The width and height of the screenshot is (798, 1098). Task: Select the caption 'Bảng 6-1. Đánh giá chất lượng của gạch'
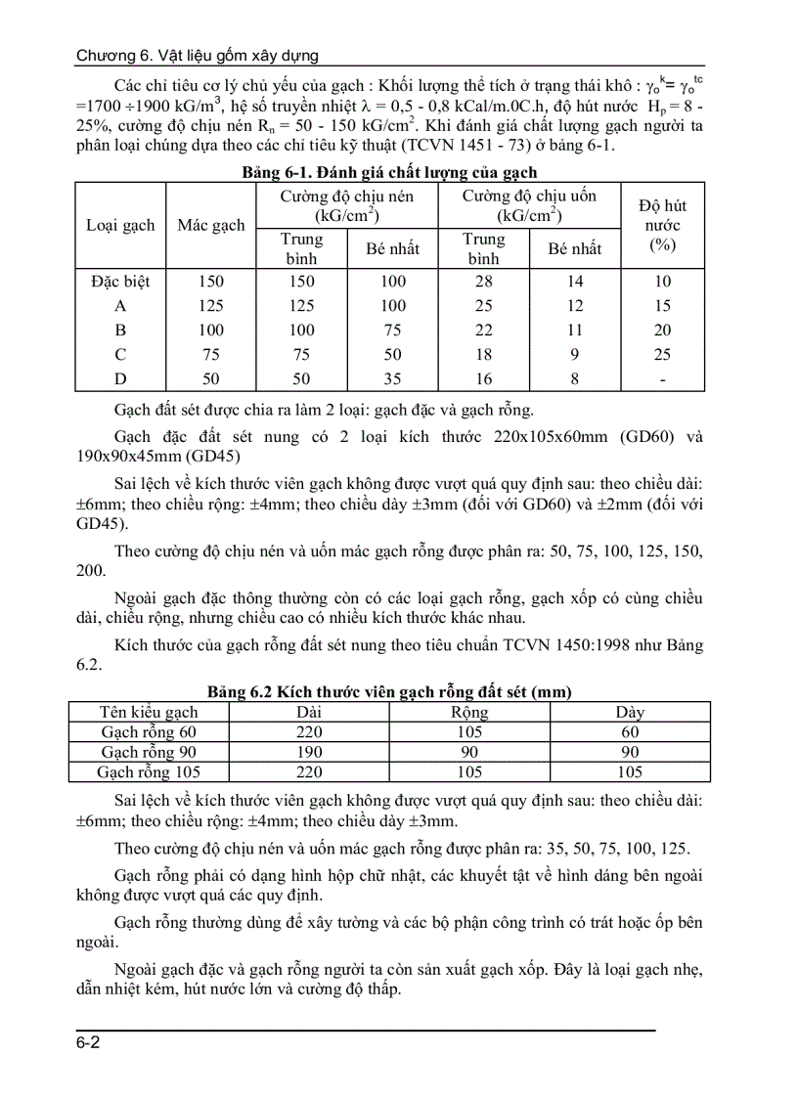[389, 173]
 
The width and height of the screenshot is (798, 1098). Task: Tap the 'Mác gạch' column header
[210, 225]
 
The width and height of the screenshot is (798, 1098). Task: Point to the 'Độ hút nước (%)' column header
[662, 225]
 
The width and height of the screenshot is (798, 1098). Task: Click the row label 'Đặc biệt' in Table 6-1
[120, 282]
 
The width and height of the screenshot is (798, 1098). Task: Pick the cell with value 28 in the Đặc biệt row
[483, 282]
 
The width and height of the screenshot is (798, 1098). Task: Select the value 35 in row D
[392, 378]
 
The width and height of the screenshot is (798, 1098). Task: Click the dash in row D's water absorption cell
[662, 378]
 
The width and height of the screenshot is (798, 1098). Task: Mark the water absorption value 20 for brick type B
[662, 330]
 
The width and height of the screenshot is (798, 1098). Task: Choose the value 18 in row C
[483, 355]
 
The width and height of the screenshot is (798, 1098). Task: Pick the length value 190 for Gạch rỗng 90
[308, 753]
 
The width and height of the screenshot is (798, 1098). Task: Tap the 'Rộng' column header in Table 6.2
[469, 713]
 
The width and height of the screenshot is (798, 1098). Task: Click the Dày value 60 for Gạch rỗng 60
[630, 732]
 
